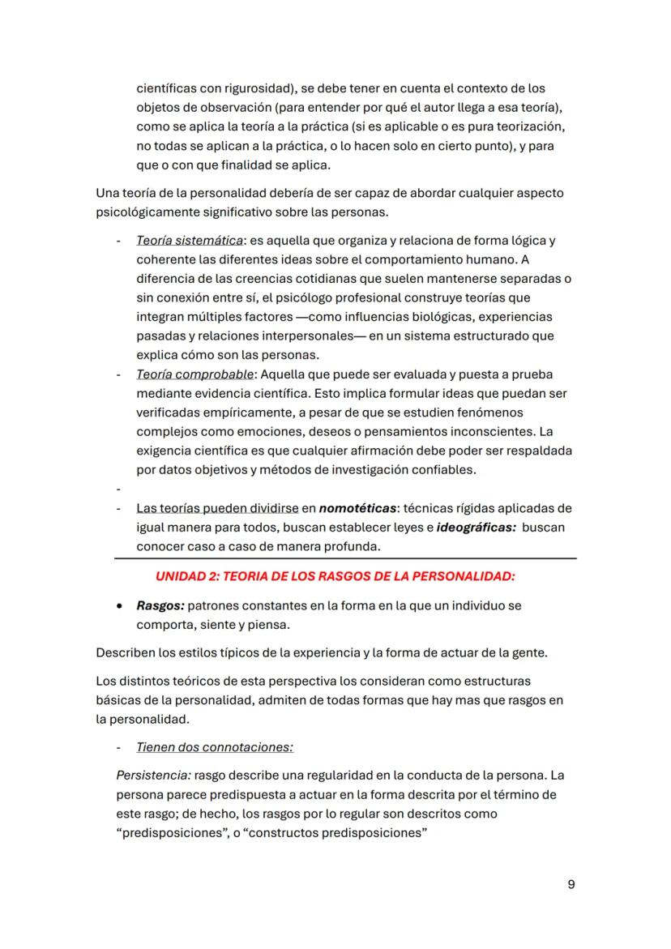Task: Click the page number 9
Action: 571,884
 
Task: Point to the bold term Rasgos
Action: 160,605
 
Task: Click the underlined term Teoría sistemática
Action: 190,241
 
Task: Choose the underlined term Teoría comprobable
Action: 195,374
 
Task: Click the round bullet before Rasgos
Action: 120,605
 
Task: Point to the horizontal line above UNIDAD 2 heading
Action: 345,558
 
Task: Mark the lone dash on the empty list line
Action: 118,489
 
